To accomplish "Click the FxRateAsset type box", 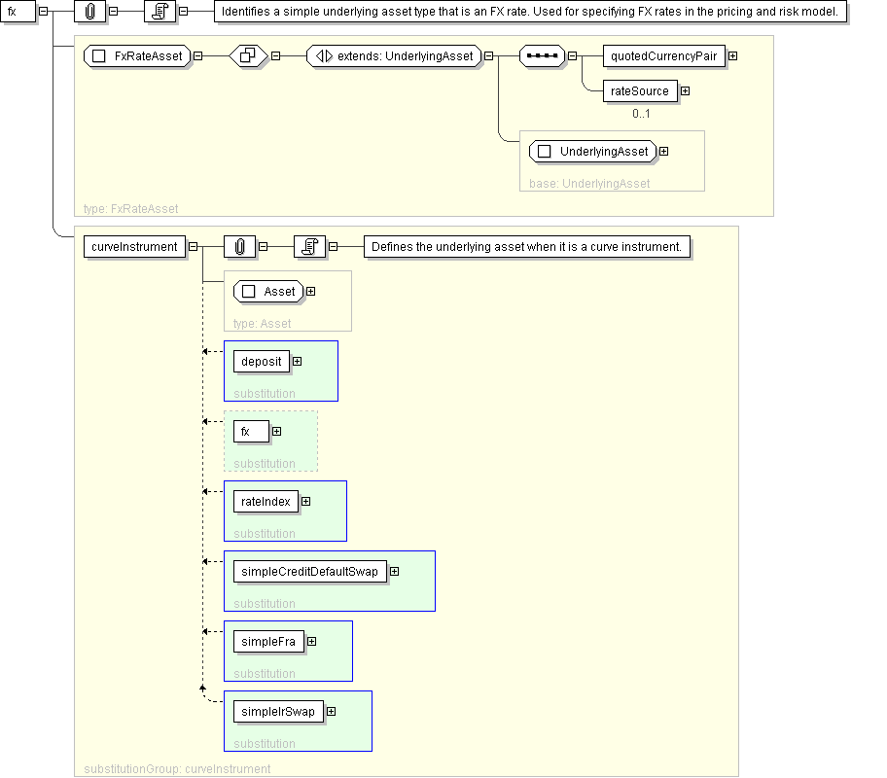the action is click(x=137, y=56).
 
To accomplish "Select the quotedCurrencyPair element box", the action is click(x=664, y=56).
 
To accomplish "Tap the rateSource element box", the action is click(x=640, y=91).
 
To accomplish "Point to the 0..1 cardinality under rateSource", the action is click(x=641, y=114).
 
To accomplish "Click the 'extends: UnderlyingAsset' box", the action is click(x=394, y=56).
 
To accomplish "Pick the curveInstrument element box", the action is click(x=134, y=247).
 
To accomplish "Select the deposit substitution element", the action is click(x=262, y=362).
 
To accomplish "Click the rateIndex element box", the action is click(x=266, y=501).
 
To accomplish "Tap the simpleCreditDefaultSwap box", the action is click(x=310, y=572).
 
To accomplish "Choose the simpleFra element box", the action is click(x=268, y=642).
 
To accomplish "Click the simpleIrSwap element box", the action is click(x=278, y=712).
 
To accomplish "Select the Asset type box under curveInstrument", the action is click(x=268, y=292).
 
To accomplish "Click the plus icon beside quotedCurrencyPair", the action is click(x=732, y=56).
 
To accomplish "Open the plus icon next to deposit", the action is click(x=297, y=362).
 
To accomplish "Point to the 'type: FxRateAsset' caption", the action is click(x=130, y=209).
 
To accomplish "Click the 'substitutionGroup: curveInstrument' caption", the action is click(x=177, y=769).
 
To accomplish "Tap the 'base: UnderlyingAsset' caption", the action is click(x=589, y=184).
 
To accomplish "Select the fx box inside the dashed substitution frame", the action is click(x=251, y=432).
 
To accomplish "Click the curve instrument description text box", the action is click(x=527, y=247).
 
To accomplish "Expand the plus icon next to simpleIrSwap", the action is click(x=331, y=712).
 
